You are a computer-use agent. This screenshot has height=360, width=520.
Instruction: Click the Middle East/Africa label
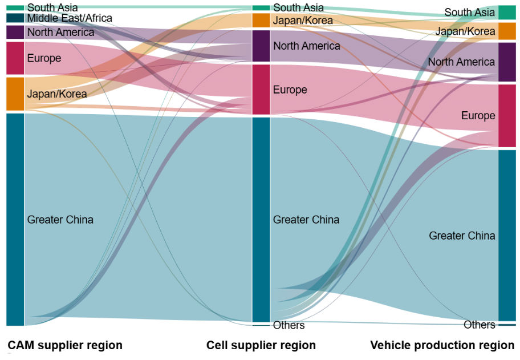point(70,18)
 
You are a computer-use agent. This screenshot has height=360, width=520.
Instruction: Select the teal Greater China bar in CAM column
point(15,219)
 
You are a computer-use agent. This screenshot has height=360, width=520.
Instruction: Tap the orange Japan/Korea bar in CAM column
point(15,94)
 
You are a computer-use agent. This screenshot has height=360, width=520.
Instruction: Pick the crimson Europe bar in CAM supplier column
point(15,58)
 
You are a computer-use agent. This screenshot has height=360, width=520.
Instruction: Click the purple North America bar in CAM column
point(15,32)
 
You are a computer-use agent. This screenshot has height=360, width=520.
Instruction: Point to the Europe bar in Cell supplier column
point(261,90)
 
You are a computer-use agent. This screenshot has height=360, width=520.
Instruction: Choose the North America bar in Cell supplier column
point(261,46)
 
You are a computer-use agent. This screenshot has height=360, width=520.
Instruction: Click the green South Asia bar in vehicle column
point(507,12)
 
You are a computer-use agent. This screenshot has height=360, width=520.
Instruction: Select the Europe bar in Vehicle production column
point(507,115)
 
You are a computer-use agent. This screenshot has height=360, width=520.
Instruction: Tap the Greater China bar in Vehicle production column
point(507,235)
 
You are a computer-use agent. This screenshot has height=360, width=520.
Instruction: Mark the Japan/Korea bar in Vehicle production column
point(507,31)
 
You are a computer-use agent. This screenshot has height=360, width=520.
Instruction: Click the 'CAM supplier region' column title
point(65,345)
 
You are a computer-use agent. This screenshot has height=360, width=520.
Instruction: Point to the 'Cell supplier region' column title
point(261,345)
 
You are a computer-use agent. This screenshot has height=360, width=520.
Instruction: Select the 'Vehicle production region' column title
point(442,345)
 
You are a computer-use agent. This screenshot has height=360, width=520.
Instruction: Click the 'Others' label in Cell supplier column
point(289,325)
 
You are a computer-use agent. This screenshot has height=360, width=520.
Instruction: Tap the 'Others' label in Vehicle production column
point(480,325)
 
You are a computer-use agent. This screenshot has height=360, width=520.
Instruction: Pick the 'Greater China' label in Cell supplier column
point(306,220)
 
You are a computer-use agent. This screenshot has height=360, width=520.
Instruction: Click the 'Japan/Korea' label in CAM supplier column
point(57,94)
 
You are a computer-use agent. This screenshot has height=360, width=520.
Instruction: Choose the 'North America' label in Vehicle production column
point(461,62)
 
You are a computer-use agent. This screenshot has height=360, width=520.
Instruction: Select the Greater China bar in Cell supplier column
point(261,219)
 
